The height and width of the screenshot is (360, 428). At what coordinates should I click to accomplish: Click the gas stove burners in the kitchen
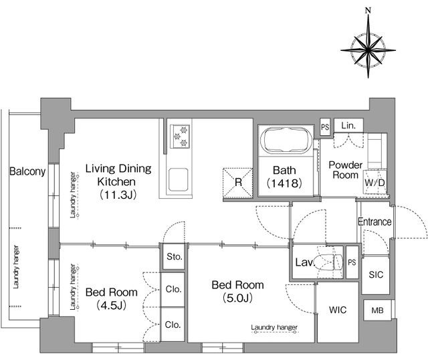pyautogui.click(x=180, y=137)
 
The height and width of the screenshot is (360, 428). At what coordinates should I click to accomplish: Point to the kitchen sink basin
pyautogui.click(x=178, y=180)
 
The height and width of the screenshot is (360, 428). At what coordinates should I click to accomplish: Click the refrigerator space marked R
pyautogui.click(x=238, y=183)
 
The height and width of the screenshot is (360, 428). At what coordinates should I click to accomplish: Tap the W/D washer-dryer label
pyautogui.click(x=374, y=183)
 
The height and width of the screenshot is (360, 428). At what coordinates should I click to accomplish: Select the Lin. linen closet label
pyautogui.click(x=348, y=125)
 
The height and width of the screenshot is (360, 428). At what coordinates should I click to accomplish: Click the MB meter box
pyautogui.click(x=377, y=310)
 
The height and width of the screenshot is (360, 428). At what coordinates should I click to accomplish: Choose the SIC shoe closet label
pyautogui.click(x=376, y=274)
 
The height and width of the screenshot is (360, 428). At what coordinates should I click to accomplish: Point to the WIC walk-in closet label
pyautogui.click(x=338, y=310)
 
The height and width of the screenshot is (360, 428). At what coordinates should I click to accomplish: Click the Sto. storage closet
pyautogui.click(x=174, y=257)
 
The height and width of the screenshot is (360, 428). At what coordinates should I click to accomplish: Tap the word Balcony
pyautogui.click(x=27, y=171)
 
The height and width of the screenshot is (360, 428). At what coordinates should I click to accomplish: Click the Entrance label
pyautogui.click(x=374, y=221)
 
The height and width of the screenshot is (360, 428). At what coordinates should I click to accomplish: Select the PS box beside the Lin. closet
pyautogui.click(x=325, y=127)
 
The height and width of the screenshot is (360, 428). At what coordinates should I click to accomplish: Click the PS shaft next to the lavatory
pyautogui.click(x=352, y=262)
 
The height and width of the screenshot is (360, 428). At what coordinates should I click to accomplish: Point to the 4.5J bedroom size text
pyautogui.click(x=112, y=305)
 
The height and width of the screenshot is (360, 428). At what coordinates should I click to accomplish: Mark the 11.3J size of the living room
pyautogui.click(x=118, y=195)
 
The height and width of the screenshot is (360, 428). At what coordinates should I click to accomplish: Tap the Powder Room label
pyautogui.click(x=345, y=170)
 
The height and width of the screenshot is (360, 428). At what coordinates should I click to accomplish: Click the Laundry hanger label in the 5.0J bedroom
pyautogui.click(x=274, y=327)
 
